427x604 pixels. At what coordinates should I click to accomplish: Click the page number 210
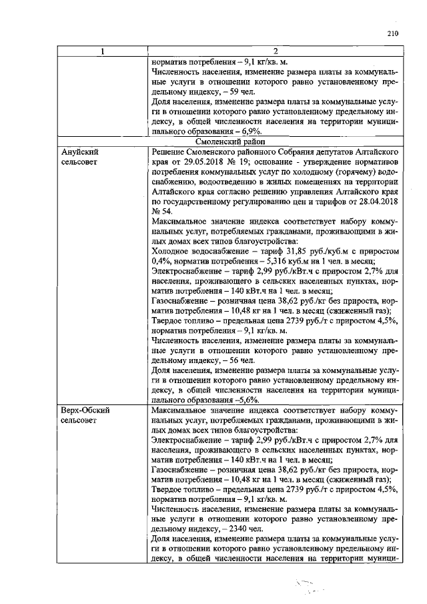392,34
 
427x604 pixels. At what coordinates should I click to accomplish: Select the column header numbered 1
102,51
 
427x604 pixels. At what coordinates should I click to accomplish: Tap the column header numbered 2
274,51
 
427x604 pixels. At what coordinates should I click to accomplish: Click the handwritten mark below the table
306,585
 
